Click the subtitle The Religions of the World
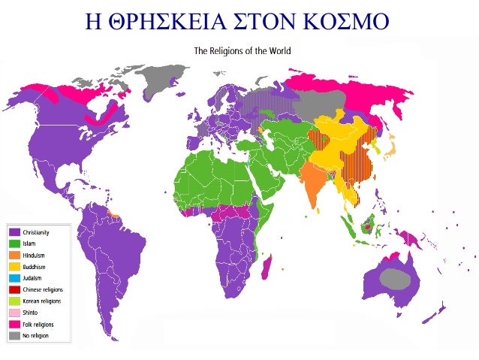click(242, 51)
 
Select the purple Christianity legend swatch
click(14, 233)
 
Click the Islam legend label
click(31, 244)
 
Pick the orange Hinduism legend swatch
click(14, 256)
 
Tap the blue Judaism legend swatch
click(14, 278)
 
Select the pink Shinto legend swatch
click(14, 312)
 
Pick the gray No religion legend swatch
click(14, 334)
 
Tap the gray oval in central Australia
click(395, 279)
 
